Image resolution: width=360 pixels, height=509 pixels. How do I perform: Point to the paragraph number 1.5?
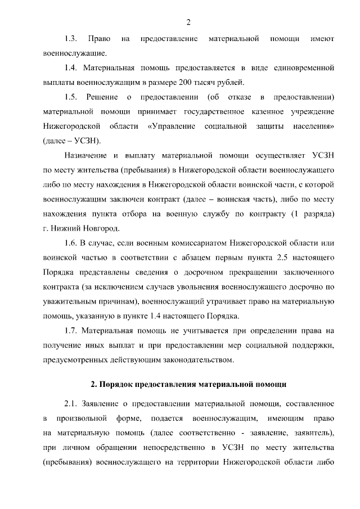point(71,96)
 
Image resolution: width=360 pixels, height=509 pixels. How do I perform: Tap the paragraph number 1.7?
point(71,330)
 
